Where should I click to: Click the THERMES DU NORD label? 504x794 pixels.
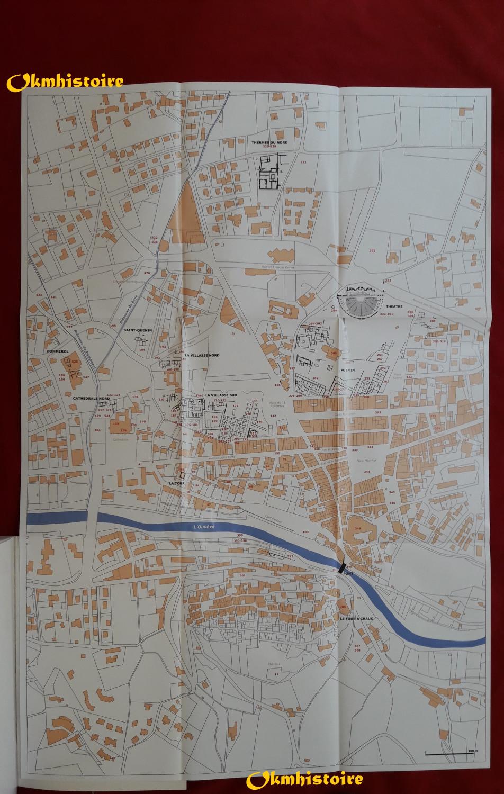[x=264, y=142]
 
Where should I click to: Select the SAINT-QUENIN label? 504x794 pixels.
[x=137, y=330]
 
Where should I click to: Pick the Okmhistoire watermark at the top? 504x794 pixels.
[x=66, y=82]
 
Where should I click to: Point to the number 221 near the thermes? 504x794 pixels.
[x=303, y=161]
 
